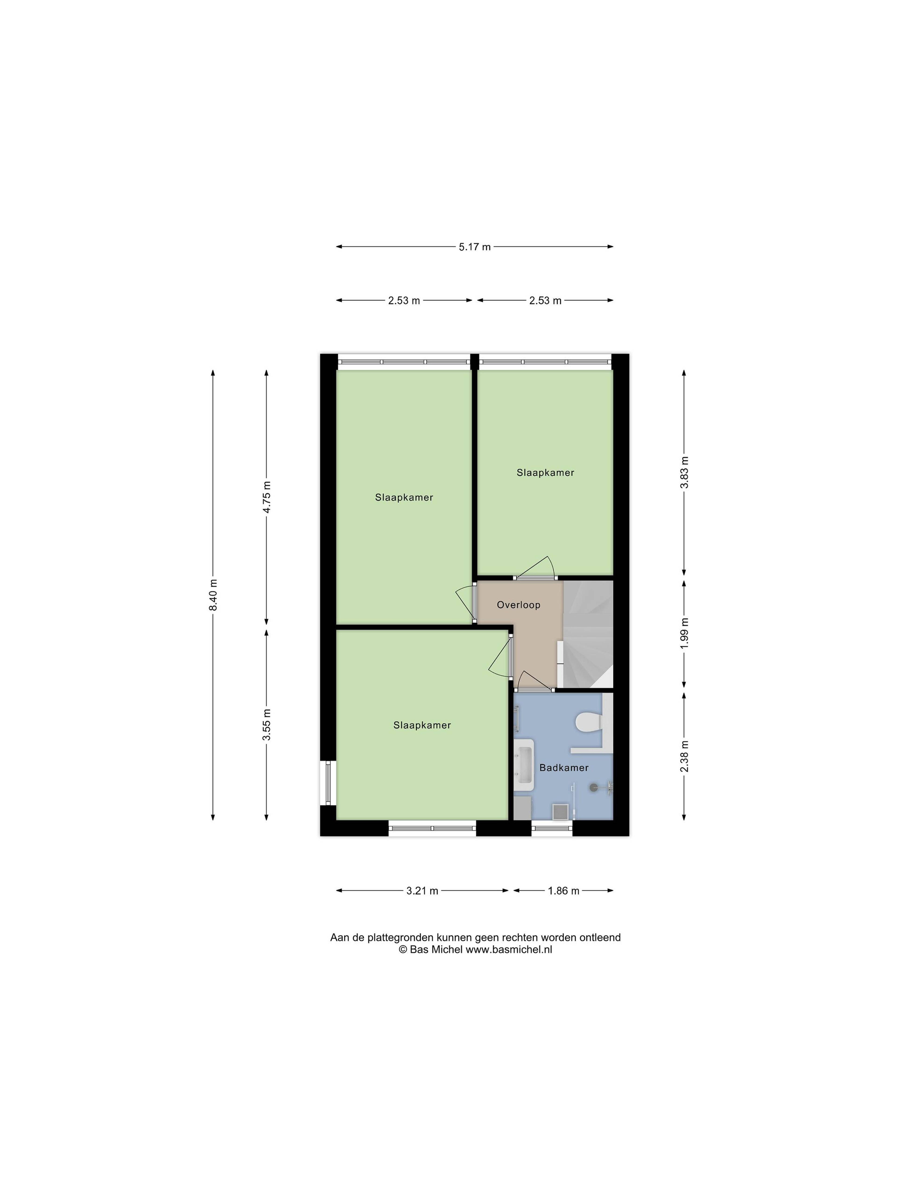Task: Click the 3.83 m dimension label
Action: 684,472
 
